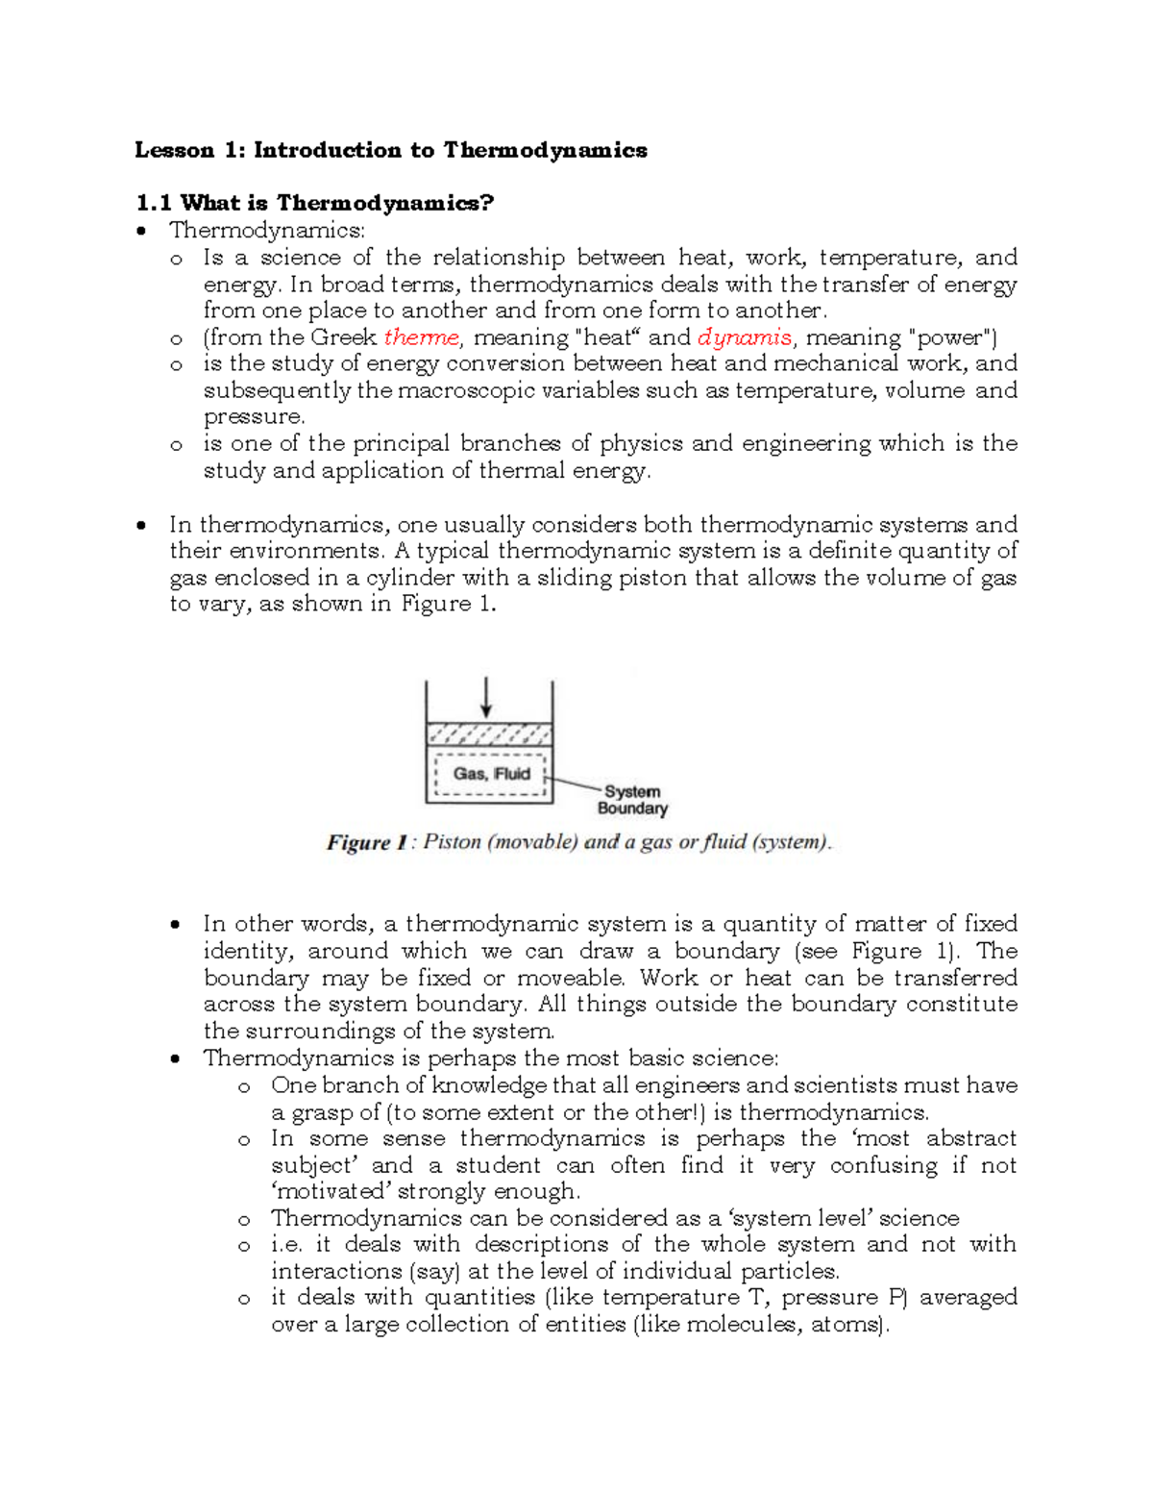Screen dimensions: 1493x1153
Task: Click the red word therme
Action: (x=422, y=337)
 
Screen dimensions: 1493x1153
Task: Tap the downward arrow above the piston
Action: (x=487, y=697)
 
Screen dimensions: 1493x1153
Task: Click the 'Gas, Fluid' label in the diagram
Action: (x=491, y=773)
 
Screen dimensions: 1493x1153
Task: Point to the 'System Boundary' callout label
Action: (x=631, y=800)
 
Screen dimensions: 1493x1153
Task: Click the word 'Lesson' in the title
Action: (x=174, y=150)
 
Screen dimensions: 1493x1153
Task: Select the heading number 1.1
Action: (x=153, y=203)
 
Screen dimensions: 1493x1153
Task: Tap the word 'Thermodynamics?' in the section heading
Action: (x=385, y=203)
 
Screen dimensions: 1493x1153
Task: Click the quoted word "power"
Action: (x=948, y=337)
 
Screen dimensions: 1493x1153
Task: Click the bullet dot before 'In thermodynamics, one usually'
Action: (x=141, y=526)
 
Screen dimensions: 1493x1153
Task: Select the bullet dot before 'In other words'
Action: (x=175, y=925)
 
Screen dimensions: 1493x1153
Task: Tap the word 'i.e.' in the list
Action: (x=287, y=1244)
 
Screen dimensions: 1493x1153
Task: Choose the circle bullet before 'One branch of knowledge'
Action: (x=244, y=1087)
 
